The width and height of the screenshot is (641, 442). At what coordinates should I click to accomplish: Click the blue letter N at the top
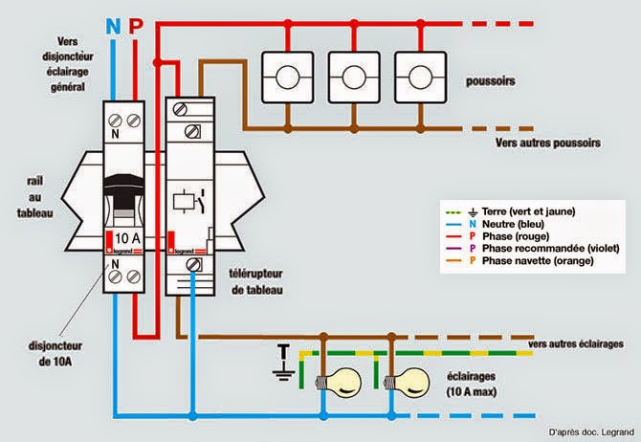point(113,25)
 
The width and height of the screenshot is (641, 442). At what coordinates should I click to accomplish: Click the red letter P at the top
point(135,25)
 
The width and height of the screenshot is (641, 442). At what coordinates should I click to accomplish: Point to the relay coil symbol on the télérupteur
point(182,204)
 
